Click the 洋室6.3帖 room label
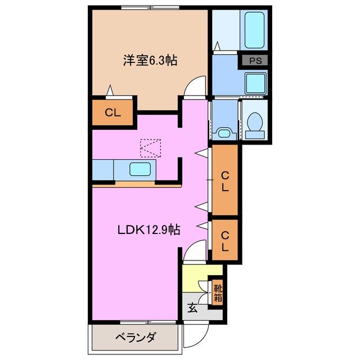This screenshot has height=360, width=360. tap(150, 60)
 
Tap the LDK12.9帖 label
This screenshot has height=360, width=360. tap(148, 230)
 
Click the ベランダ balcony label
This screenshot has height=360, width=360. tap(136, 338)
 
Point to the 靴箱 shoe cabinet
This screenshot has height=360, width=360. tap(217, 293)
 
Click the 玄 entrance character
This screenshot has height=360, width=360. tap(192, 308)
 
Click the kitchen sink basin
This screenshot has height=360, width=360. tap(137, 169)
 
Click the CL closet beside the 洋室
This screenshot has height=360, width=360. tap(113, 112)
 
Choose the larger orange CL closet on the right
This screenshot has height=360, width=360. tap(224, 181)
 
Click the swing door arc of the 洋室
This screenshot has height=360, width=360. tap(195, 87)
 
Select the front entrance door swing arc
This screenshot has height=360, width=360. tap(193, 337)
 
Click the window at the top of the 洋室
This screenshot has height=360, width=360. tap(150, 8)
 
